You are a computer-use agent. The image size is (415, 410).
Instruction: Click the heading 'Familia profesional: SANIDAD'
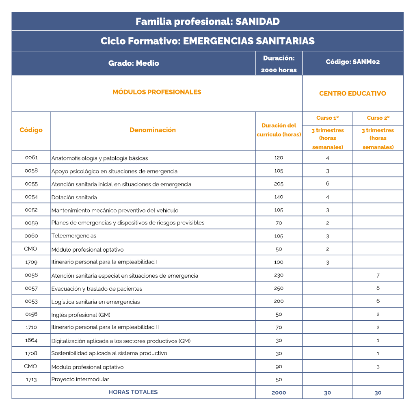[207, 22]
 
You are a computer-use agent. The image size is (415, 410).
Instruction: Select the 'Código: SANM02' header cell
[352, 62]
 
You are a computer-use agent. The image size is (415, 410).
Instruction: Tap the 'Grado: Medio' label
[134, 63]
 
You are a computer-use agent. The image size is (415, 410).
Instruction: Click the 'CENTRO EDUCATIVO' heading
[352, 93]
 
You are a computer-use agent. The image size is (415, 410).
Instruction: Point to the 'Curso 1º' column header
[327, 118]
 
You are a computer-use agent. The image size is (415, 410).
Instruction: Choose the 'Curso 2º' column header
[378, 118]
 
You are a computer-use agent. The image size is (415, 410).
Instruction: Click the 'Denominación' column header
[153, 130]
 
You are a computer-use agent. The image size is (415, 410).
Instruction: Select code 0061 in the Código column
[31, 158]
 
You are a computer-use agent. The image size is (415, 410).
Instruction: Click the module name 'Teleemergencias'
[74, 236]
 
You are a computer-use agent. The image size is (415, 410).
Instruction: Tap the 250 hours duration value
[279, 288]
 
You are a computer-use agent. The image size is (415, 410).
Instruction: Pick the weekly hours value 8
[378, 288]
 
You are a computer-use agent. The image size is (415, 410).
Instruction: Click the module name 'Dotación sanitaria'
[74, 197]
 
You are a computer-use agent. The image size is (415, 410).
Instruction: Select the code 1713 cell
[31, 380]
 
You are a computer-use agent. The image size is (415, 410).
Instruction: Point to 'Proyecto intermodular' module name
[80, 380]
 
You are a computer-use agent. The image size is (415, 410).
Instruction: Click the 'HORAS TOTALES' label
[133, 392]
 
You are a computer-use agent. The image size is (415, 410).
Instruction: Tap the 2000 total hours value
[279, 393]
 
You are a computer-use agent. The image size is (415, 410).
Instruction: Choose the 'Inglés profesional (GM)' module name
[81, 315]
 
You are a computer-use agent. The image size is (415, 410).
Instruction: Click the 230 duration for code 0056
[279, 275]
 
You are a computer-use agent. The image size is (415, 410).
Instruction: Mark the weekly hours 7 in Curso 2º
[378, 275]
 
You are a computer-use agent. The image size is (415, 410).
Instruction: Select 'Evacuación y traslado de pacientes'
[97, 289]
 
